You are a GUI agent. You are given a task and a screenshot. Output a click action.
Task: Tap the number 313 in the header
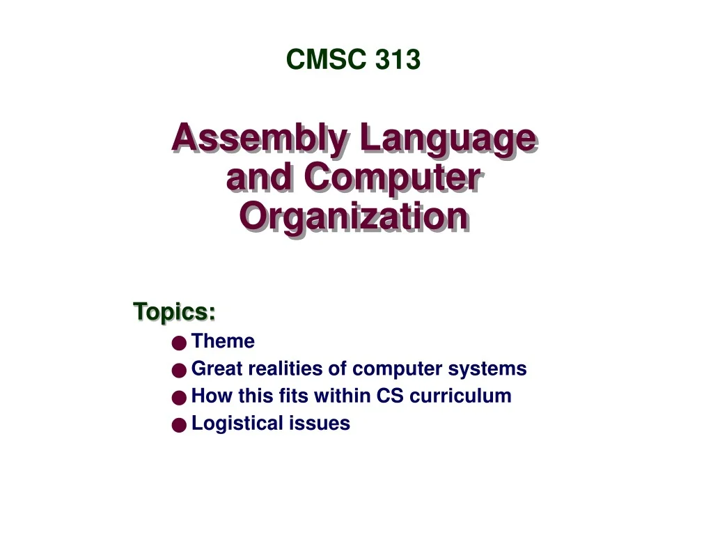[x=398, y=61]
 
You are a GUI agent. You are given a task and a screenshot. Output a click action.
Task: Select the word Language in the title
[x=447, y=139]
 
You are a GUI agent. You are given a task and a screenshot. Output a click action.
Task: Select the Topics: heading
[x=174, y=311]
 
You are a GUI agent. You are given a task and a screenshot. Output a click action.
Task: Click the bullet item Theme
[x=223, y=341]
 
